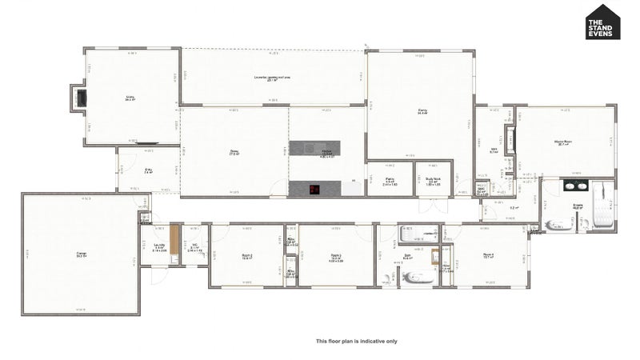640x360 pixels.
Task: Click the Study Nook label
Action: [x=433, y=182]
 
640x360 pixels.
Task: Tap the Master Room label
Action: [x=563, y=142]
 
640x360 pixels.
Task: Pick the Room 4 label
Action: [x=489, y=256]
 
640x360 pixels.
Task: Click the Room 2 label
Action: [x=247, y=257]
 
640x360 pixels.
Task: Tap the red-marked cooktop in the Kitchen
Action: [x=314, y=190]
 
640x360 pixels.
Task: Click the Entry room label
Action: [x=148, y=170]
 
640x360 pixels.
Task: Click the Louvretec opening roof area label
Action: [x=272, y=78]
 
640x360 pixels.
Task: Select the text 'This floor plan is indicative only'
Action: [x=356, y=341]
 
